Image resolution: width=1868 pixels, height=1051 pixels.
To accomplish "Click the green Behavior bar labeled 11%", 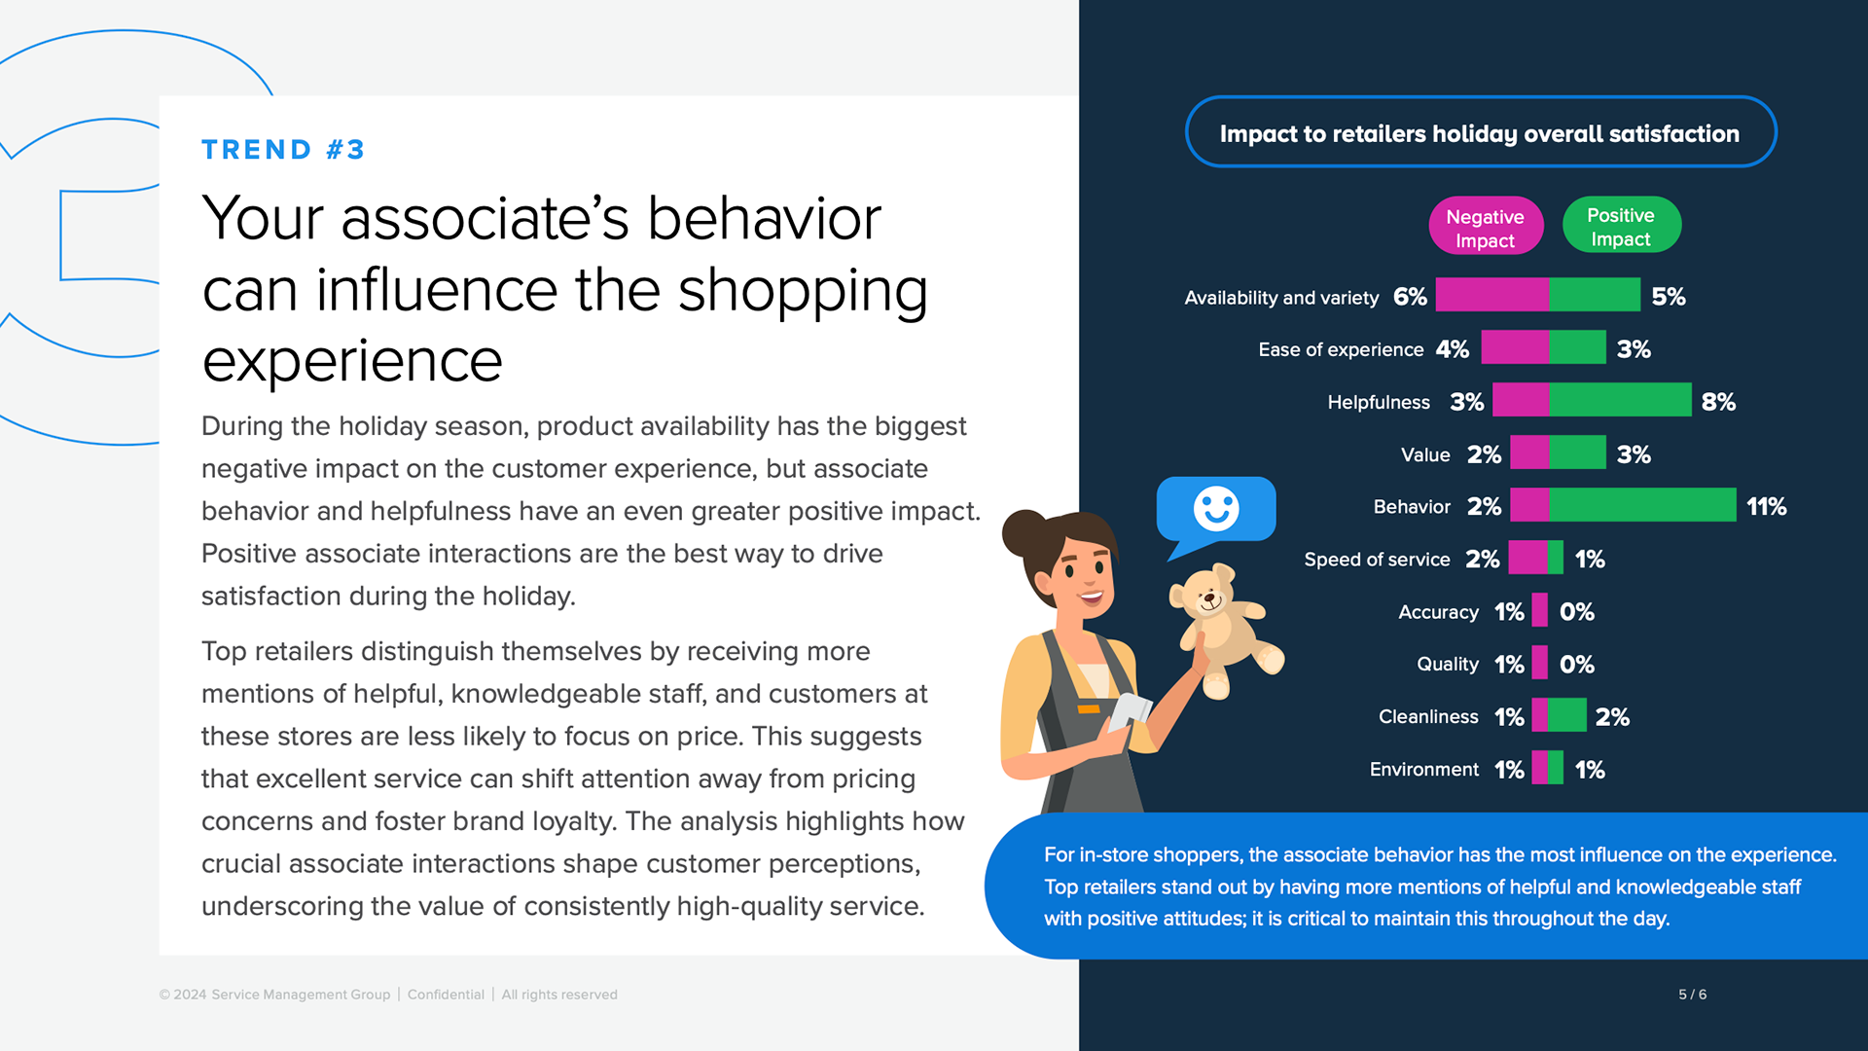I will tap(1642, 505).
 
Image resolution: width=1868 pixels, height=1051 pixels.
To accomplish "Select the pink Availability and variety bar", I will tap(1491, 295).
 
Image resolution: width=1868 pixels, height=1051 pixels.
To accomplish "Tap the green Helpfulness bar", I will tap(1620, 400).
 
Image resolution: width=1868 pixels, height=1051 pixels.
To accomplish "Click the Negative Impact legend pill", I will tap(1485, 227).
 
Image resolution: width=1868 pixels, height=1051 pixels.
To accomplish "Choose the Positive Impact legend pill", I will tap(1621, 226).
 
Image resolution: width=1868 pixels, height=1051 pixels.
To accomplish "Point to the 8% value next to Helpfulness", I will tap(1718, 402).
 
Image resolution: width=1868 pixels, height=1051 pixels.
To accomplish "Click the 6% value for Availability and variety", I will tap(1410, 297).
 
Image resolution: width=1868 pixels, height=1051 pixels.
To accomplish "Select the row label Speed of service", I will tap(1376, 560).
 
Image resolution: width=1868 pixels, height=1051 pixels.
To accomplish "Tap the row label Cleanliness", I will tap(1427, 717).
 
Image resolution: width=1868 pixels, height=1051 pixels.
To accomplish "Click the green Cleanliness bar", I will tap(1566, 715).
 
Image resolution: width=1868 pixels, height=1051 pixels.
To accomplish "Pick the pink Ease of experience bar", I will tap(1514, 347).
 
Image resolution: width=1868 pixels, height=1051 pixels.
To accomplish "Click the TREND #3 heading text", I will tap(282, 150).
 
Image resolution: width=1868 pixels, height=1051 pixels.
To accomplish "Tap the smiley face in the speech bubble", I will tap(1215, 508).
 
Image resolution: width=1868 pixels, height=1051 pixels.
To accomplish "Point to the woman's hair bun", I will tap(1024, 532).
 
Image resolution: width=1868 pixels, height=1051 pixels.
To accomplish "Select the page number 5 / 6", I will tap(1692, 995).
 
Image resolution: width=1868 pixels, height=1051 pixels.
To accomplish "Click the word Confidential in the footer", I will tap(446, 995).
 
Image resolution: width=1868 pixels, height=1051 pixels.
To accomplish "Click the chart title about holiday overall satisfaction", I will tap(1479, 133).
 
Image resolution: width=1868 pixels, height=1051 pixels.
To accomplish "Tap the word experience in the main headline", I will tap(352, 361).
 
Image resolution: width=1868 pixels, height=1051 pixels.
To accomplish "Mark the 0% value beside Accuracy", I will tap(1576, 612).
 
